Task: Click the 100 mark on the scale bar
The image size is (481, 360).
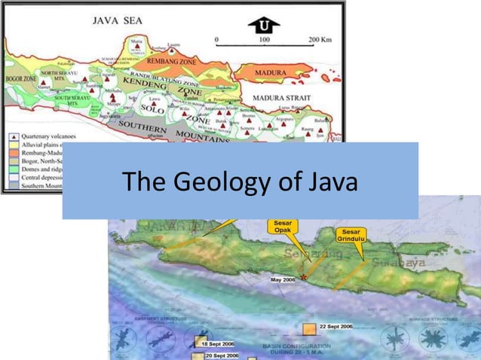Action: [264, 37]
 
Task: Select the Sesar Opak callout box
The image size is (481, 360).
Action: [283, 227]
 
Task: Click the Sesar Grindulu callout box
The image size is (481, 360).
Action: [351, 235]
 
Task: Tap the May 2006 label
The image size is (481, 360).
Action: [283, 279]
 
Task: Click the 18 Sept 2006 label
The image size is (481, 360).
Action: [216, 344]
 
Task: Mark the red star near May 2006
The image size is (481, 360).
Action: [304, 278]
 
